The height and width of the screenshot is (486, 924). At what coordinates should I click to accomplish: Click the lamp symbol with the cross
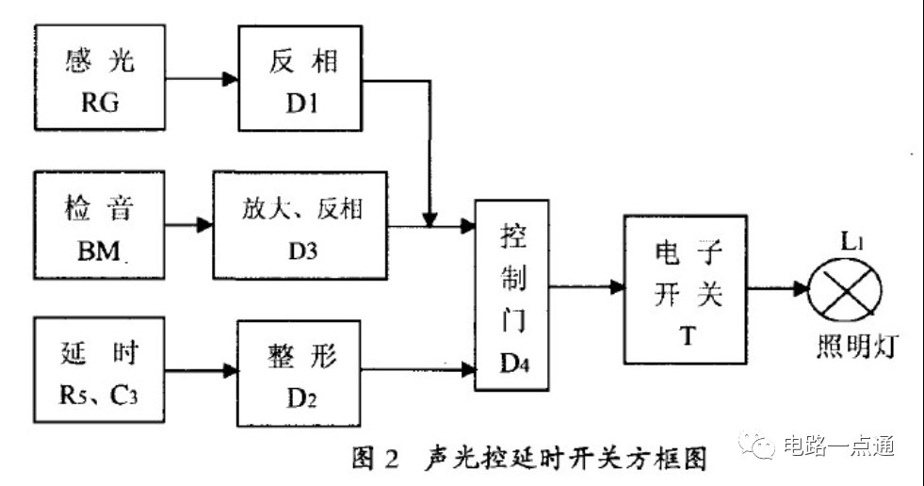[845, 290]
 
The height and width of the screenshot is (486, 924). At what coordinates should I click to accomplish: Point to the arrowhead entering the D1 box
[231, 78]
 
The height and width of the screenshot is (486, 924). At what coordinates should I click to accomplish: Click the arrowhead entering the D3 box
[205, 224]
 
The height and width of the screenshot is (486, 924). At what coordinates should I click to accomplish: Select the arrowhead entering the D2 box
[230, 370]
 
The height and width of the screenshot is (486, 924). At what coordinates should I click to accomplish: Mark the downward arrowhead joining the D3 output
[430, 219]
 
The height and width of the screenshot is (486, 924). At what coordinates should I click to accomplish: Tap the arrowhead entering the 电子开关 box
[617, 287]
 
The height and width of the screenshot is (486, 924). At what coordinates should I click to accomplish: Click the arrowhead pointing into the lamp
[801, 288]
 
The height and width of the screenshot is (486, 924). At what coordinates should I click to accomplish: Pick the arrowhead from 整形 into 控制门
[468, 370]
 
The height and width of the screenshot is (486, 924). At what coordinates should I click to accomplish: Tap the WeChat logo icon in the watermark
[756, 445]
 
